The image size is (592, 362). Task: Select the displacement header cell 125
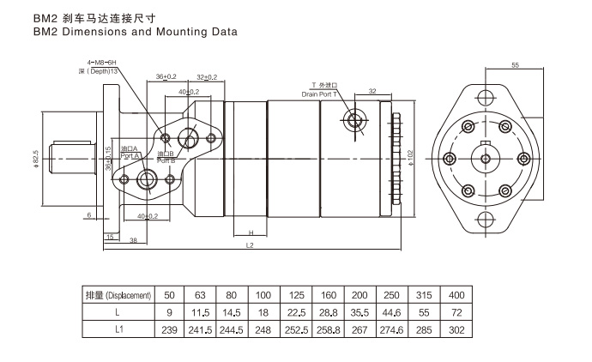[295, 295]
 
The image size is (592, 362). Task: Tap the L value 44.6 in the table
[390, 312]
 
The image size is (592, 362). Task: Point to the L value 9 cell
[170, 312]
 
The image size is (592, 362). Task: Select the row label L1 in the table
[118, 329]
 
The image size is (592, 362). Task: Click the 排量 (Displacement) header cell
[118, 295]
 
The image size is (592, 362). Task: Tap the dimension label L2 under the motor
[250, 245]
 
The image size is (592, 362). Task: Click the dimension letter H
[250, 232]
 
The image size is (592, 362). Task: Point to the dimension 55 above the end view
[516, 65]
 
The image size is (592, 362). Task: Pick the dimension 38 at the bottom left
[134, 240]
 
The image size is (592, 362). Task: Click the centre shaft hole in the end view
[486, 158]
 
